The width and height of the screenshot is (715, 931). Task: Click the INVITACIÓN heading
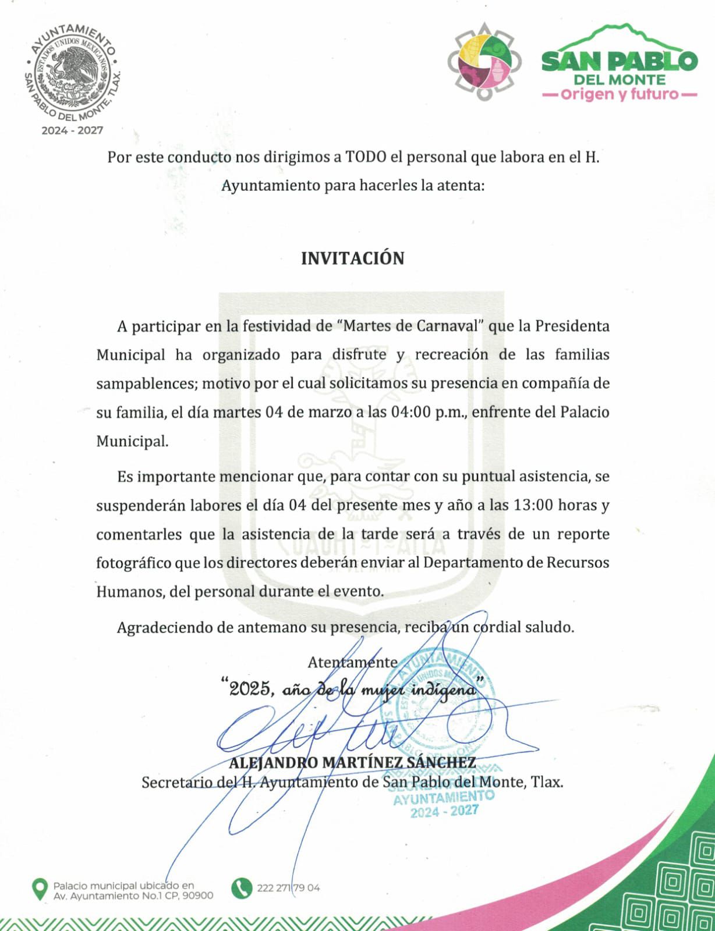click(x=352, y=258)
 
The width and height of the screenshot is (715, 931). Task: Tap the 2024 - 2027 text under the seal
click(x=72, y=130)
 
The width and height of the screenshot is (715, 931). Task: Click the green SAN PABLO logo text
click(x=619, y=61)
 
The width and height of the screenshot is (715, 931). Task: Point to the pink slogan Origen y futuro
click(x=620, y=94)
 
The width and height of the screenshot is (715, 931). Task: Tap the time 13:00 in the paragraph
click(x=533, y=505)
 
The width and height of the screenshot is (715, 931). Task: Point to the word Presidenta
click(x=572, y=326)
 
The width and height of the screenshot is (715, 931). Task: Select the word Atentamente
click(x=353, y=662)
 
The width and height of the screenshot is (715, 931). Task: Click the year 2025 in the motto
click(x=250, y=690)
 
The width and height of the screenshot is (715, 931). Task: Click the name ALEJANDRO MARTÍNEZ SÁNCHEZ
click(x=352, y=763)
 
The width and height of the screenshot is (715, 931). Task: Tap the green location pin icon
click(x=40, y=889)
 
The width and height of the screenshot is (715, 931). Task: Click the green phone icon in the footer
click(x=242, y=888)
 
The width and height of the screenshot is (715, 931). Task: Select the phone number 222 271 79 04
click(x=288, y=888)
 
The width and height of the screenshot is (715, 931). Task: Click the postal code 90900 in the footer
click(x=197, y=896)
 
